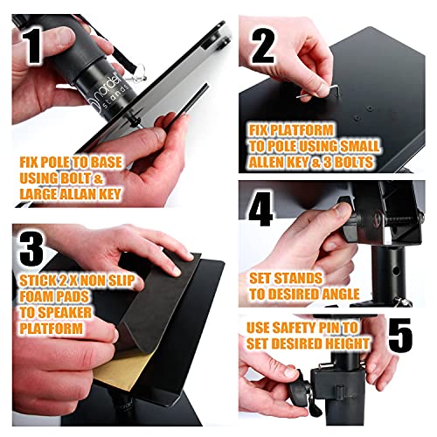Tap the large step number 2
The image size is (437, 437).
(x=263, y=46)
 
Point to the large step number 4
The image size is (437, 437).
(x=261, y=208)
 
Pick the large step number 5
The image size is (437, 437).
(x=400, y=336)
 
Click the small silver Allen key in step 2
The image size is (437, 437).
(x=317, y=93)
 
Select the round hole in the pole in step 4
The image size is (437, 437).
(x=395, y=271)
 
